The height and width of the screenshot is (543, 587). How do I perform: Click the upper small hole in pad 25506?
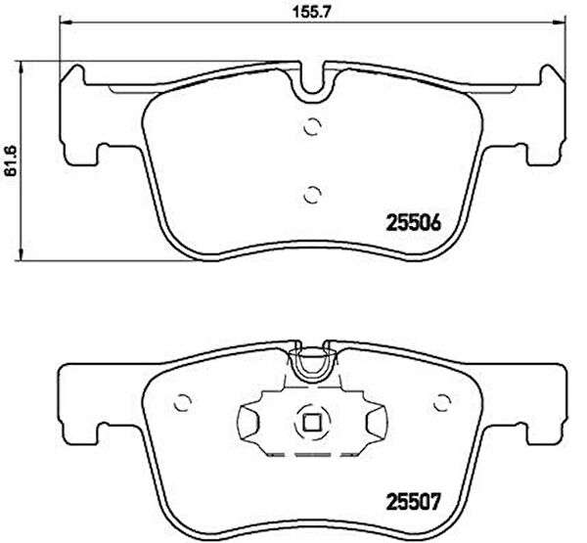pos(312,125)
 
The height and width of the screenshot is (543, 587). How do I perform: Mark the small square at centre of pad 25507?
pos(312,423)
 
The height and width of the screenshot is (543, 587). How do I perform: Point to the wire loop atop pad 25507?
pos(312,364)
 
